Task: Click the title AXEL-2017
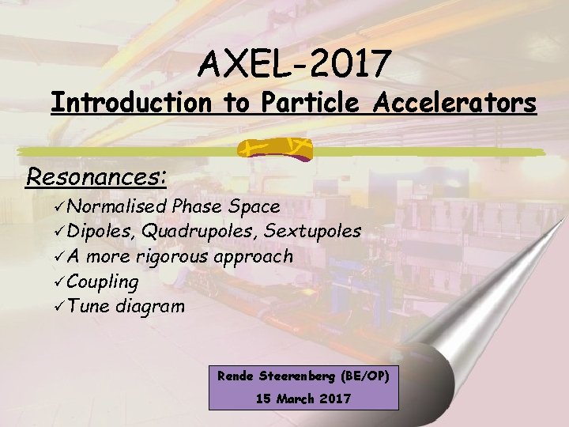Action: tap(293, 62)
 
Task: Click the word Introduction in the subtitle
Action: tap(130, 103)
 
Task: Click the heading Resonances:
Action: tap(96, 176)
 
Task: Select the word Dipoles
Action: tap(100, 231)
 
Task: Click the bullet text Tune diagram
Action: tap(126, 305)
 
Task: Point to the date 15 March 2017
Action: tap(303, 398)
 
